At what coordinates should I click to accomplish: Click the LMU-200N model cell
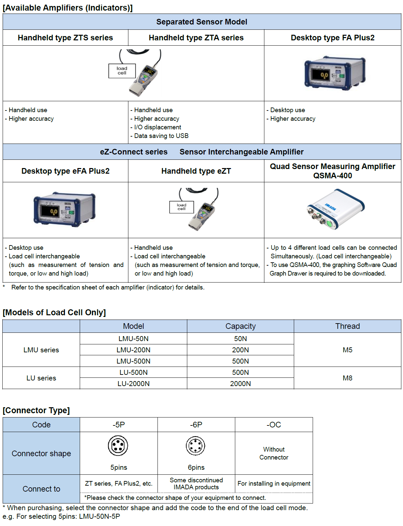click(133, 350)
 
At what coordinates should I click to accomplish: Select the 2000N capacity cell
click(240, 383)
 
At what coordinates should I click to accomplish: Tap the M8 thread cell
click(347, 378)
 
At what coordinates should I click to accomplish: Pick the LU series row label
click(41, 378)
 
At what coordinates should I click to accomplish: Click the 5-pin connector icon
click(118, 446)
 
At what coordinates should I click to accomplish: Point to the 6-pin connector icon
click(196, 446)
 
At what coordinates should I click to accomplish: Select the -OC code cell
click(274, 424)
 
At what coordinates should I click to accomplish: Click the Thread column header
click(347, 326)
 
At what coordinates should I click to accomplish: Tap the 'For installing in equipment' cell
click(274, 483)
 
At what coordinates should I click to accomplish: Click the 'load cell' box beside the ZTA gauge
click(122, 71)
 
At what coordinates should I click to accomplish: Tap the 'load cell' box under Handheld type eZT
click(181, 207)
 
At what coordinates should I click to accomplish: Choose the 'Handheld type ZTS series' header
click(65, 38)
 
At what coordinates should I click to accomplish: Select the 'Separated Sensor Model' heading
click(201, 22)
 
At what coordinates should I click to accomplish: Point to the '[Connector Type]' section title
click(36, 410)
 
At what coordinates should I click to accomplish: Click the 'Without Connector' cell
click(274, 453)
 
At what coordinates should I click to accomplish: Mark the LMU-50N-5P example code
click(99, 516)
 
